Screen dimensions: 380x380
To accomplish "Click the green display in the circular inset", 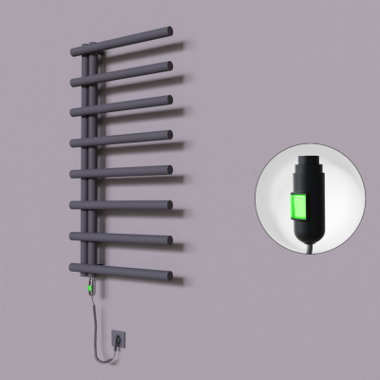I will tap(299, 209).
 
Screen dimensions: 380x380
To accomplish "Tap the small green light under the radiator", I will tap(91, 282).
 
